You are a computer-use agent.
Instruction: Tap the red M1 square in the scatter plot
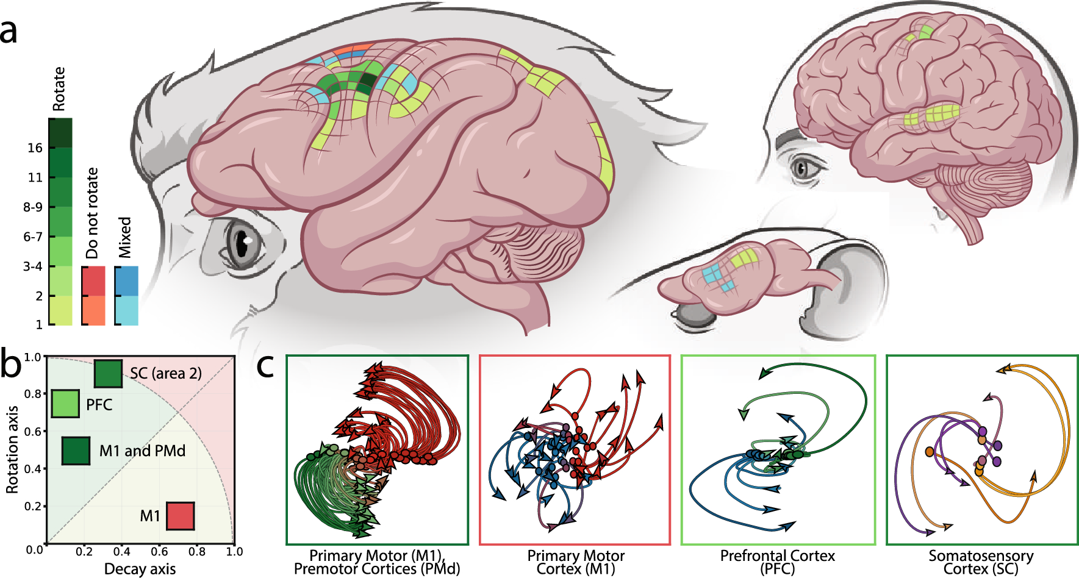(x=181, y=516)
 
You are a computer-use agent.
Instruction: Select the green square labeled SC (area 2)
(x=108, y=374)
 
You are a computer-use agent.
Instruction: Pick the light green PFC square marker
(x=65, y=404)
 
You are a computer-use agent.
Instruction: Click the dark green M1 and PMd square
(x=76, y=451)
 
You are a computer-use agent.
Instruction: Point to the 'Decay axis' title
(x=140, y=569)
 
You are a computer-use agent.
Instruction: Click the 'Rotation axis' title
(x=12, y=449)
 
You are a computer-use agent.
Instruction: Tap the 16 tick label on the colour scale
(x=35, y=148)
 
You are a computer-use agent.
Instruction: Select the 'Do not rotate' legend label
(x=92, y=213)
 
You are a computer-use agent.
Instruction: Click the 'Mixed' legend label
(x=124, y=237)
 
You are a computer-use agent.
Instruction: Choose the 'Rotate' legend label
(x=59, y=89)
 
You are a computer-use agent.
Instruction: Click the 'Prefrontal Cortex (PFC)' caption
(x=777, y=562)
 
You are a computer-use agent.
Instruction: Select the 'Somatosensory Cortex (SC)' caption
(x=981, y=562)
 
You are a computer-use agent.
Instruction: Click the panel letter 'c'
(x=265, y=366)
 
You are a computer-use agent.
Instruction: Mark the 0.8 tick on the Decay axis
(x=197, y=552)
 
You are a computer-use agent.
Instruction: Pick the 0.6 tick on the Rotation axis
(x=33, y=432)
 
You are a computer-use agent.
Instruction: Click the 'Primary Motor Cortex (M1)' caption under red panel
(x=576, y=562)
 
